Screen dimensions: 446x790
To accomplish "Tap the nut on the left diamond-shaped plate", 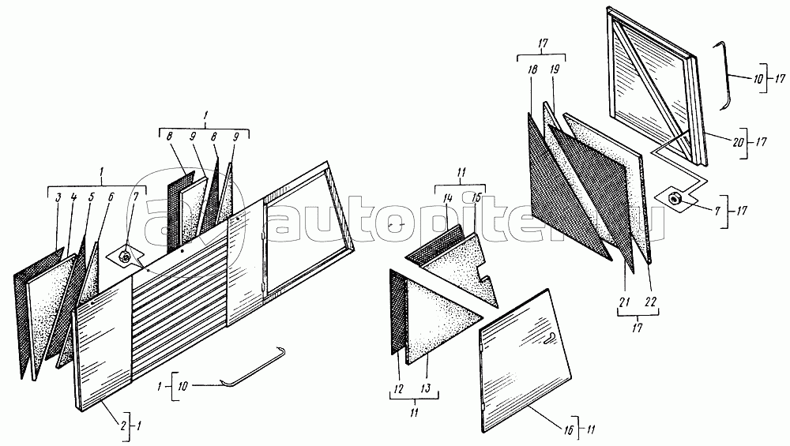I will [126, 257].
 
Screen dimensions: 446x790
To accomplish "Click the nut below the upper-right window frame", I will [675, 199].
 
